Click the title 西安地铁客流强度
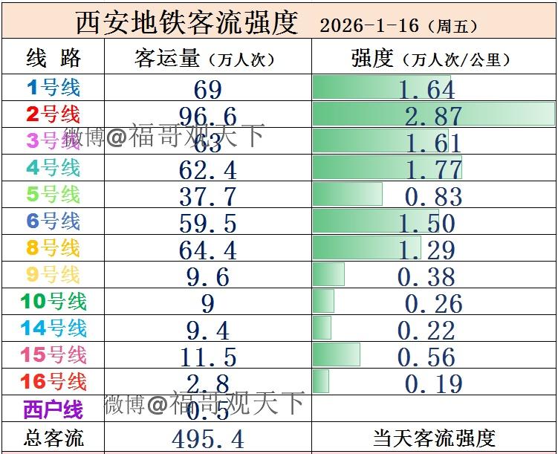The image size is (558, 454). click(186, 22)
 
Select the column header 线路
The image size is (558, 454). click(53, 58)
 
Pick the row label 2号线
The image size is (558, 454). click(53, 114)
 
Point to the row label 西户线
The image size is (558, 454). click(53, 409)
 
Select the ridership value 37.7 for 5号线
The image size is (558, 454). click(208, 197)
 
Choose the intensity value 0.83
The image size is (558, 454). click(434, 197)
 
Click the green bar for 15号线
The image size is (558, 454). click(337, 354)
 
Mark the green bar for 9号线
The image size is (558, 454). click(328, 274)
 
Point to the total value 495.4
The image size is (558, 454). click(208, 438)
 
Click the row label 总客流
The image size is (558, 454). click(53, 438)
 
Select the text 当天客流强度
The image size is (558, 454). click(434, 438)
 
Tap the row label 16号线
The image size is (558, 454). click(53, 382)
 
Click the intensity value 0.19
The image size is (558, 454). click(434, 384)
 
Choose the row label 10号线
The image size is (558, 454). click(53, 301)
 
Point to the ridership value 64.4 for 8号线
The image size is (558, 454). click(208, 250)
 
